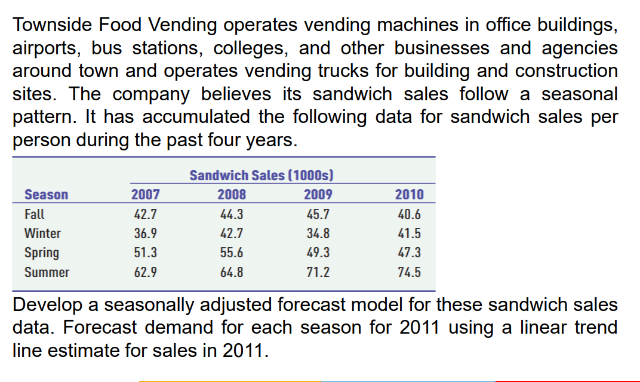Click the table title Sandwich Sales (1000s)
click(x=261, y=175)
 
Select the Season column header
click(x=46, y=195)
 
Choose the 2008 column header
click(x=231, y=195)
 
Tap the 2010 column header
click(x=409, y=195)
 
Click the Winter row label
click(x=42, y=233)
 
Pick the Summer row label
click(x=47, y=272)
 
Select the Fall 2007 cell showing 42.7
click(x=145, y=214)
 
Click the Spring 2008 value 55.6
click(x=231, y=253)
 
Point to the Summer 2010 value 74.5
click(x=409, y=272)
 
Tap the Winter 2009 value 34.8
click(x=318, y=233)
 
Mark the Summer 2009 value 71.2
click(x=318, y=272)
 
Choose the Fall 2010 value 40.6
click(x=409, y=214)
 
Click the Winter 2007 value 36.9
click(x=145, y=233)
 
